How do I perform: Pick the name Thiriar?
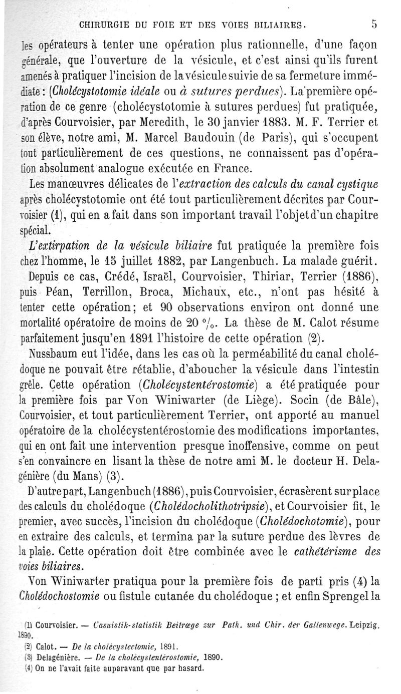click(x=276, y=276)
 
